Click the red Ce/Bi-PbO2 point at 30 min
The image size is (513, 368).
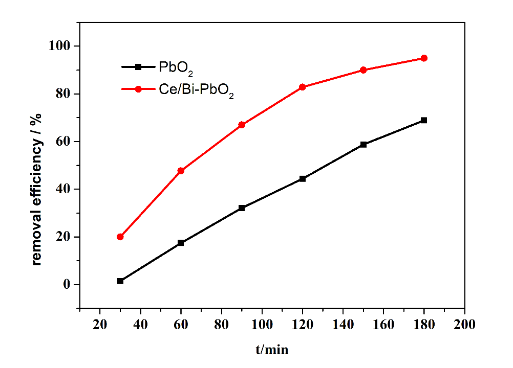[120, 237]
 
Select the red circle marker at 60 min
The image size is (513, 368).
[181, 171]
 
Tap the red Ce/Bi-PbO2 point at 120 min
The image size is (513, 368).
[303, 87]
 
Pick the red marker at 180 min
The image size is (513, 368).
[424, 58]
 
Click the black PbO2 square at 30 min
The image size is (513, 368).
[120, 281]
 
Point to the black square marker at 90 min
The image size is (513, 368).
[242, 208]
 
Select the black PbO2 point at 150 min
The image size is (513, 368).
[364, 145]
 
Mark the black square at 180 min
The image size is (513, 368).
[424, 120]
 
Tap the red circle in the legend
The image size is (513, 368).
[138, 89]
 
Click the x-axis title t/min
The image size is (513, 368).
[272, 350]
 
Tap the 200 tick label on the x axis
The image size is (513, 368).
[464, 325]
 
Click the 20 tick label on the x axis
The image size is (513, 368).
[100, 325]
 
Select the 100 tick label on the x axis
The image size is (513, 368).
[262, 325]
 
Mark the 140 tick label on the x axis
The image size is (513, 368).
[343, 325]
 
